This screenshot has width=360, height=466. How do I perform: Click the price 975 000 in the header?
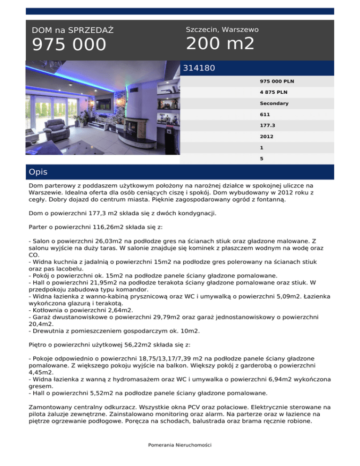click(69, 45)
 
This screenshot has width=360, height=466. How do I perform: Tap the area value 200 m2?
click(220, 44)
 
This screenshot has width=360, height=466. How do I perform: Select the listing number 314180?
click(199, 68)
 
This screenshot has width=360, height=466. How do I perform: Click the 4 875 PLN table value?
click(274, 92)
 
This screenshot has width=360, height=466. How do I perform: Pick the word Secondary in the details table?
click(274, 103)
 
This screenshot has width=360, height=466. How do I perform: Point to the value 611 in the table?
click(265, 114)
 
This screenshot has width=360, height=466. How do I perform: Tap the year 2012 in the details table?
click(267, 137)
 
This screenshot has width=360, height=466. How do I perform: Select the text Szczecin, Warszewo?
click(222, 30)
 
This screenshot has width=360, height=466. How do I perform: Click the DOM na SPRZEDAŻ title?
click(73, 30)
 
